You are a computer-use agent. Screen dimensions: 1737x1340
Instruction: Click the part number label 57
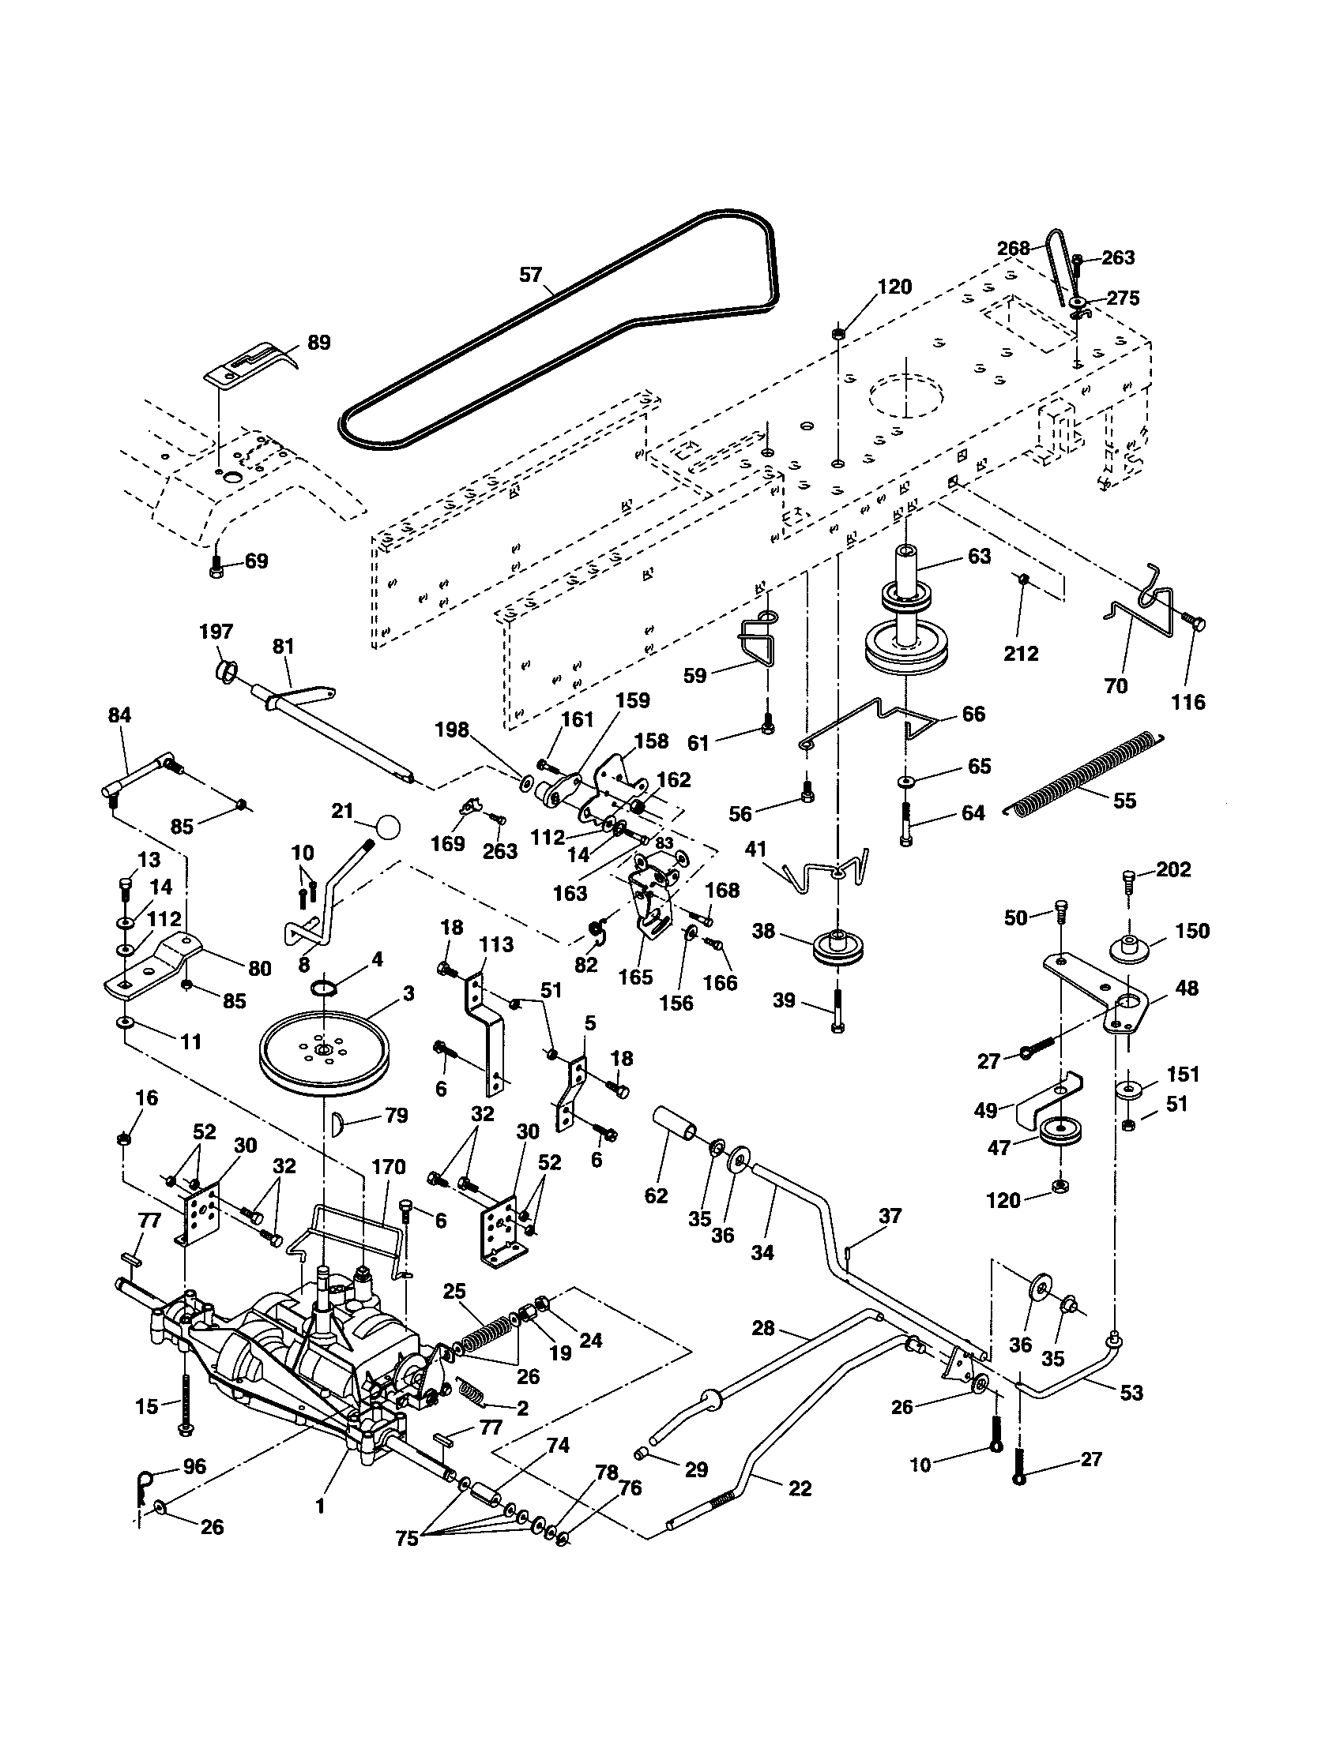[x=530, y=276]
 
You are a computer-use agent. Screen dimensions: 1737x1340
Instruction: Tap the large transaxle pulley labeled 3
[x=329, y=1052]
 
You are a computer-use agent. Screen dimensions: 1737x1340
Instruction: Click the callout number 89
[x=318, y=343]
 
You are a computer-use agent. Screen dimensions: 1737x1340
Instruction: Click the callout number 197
[x=216, y=632]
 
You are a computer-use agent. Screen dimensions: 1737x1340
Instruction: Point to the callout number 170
[x=388, y=1167]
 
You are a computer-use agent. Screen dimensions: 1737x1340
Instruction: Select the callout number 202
[x=1173, y=869]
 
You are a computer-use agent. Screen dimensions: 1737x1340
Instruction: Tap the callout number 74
[x=558, y=1445]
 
